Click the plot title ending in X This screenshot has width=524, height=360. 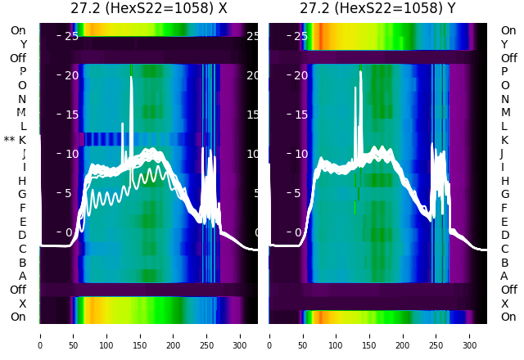tap(149, 9)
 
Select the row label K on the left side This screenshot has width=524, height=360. tap(23, 140)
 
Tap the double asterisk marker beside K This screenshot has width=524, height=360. tap(9, 141)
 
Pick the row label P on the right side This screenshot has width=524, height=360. tap(504, 71)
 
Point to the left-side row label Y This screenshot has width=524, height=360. tap(23, 44)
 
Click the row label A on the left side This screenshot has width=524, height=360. tap(23, 276)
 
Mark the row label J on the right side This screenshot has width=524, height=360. tap(502, 153)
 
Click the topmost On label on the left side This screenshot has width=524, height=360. tap(18, 30)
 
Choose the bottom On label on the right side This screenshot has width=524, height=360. tap(508, 317)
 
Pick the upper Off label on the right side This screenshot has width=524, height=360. tap(508, 58)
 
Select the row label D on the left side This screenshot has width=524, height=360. tap(23, 235)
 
